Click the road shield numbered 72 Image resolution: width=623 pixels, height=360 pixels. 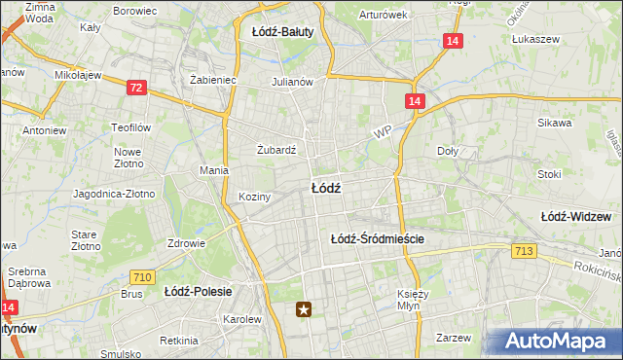tap(136, 88)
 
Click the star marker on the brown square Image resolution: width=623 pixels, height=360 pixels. tap(306, 309)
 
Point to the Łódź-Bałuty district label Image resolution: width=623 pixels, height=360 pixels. tap(282, 32)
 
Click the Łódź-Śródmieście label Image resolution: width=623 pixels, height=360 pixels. tap(378, 237)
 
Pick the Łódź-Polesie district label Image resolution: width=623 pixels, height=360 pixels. tap(196, 291)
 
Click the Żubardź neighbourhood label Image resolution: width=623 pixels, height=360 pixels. tap(275, 150)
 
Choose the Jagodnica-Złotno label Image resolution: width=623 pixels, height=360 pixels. tap(114, 194)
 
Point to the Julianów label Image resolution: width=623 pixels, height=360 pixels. tap(292, 82)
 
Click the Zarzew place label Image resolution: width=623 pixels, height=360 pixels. tap(454, 338)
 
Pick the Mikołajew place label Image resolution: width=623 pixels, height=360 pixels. tap(79, 74)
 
